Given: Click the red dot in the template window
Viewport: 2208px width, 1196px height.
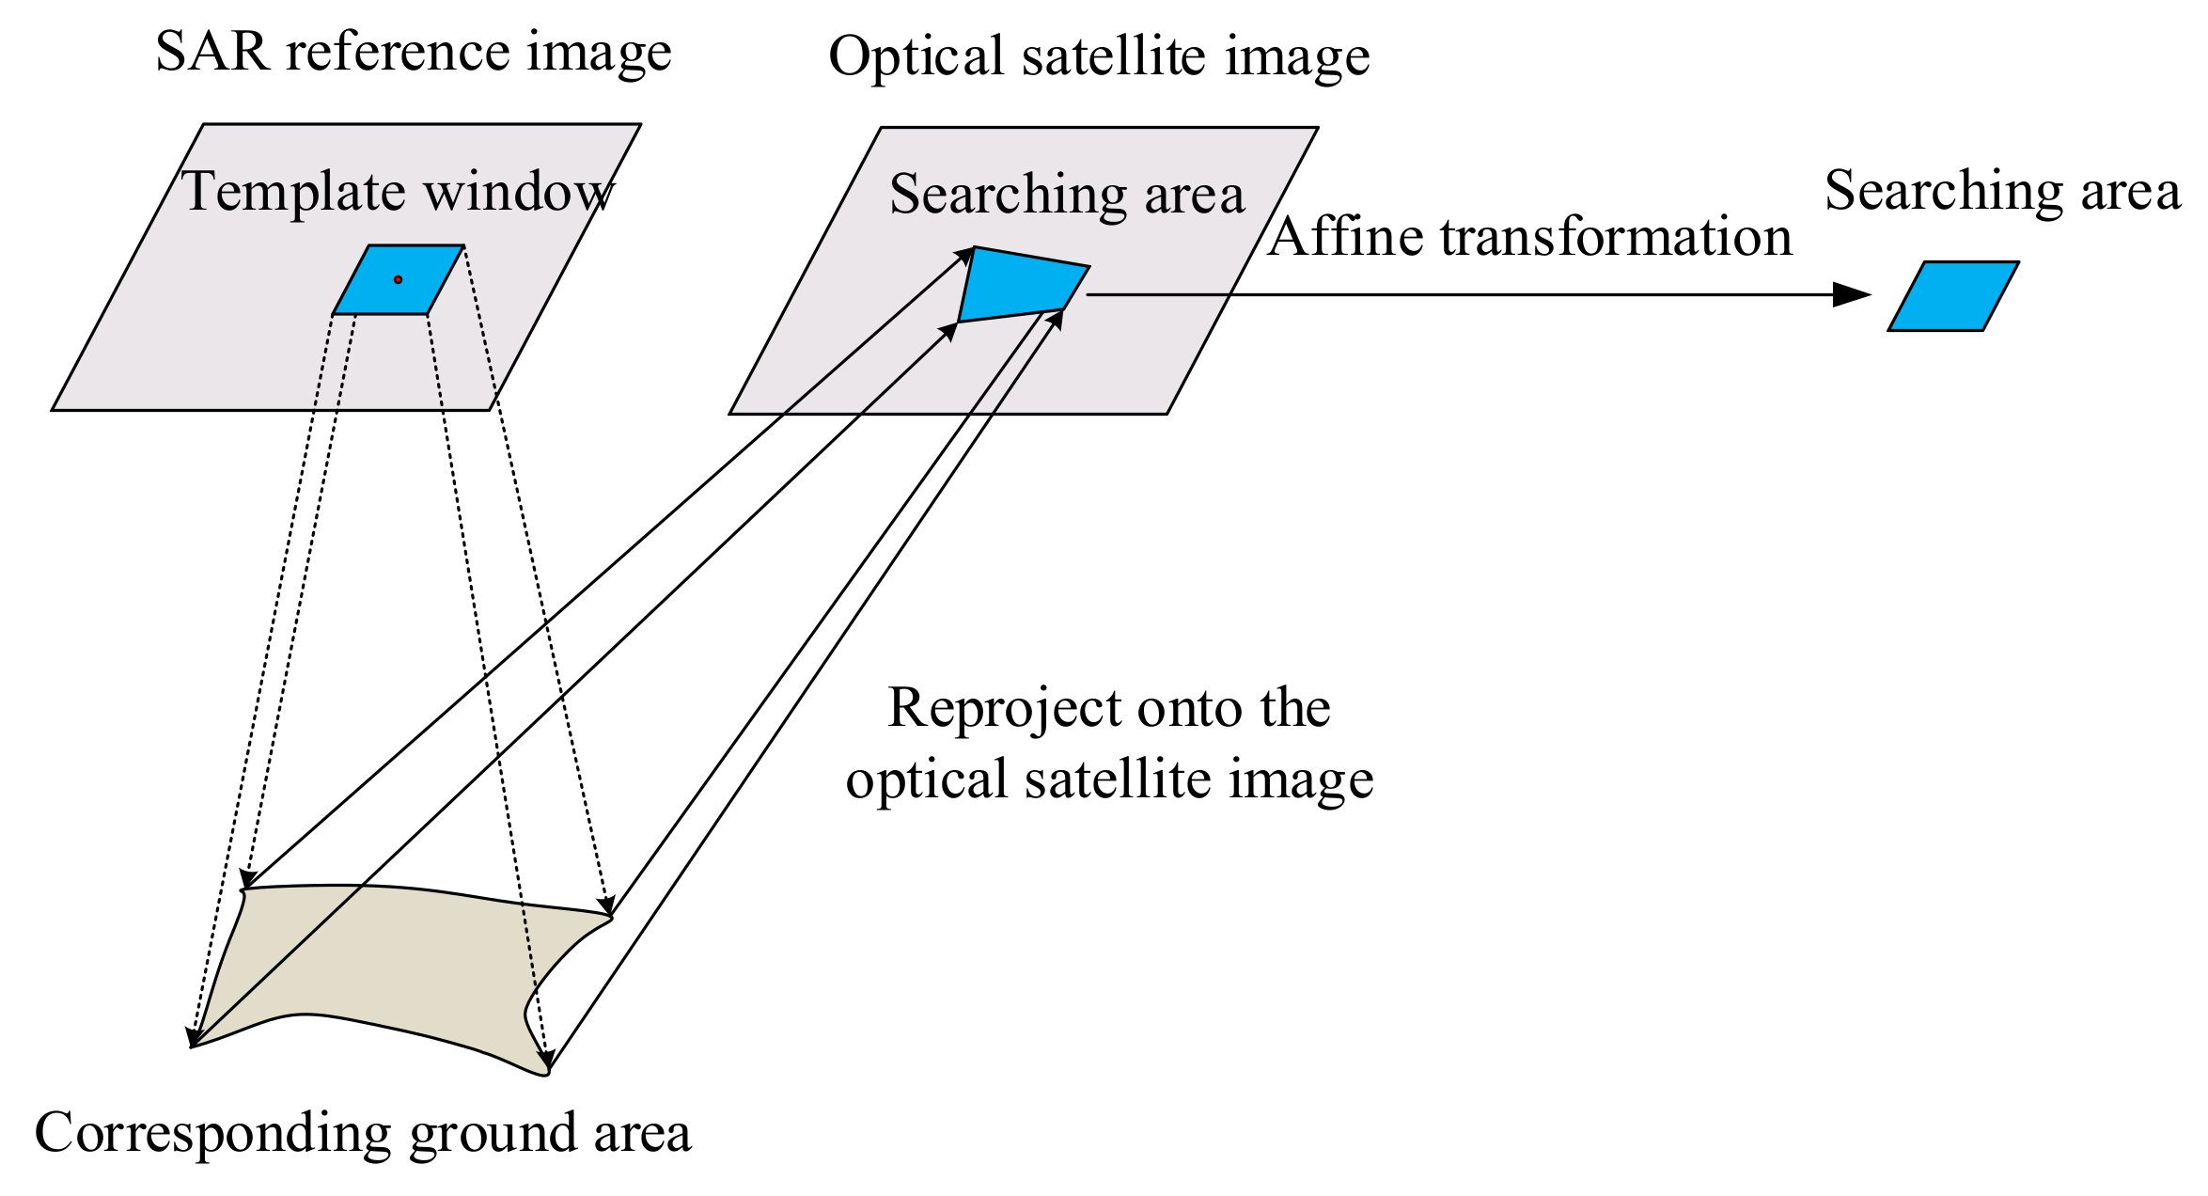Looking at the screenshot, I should coord(398,279).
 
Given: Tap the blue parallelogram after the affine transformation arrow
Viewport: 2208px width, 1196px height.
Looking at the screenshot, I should coord(1953,296).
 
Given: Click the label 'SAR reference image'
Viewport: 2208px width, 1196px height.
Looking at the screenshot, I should coord(414,52).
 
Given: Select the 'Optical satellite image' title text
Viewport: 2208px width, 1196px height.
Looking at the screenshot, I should coord(1099,56).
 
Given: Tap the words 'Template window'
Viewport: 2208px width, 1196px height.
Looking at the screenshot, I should coord(398,192).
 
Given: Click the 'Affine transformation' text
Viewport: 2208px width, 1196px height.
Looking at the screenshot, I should coord(1529,236).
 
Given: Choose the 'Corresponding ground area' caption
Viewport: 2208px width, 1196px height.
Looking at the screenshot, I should coord(363,1132).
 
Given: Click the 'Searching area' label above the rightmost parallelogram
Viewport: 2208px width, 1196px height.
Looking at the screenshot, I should coord(2002,191).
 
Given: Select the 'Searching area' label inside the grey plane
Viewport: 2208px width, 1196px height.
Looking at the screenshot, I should coord(1067,195).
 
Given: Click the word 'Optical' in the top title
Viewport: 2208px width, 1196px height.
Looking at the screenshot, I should coord(916,56).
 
